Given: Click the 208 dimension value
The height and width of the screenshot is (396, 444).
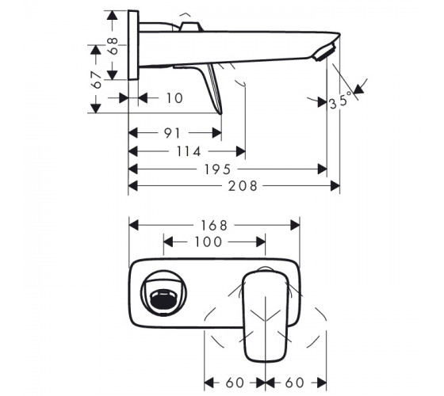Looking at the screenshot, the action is [243, 186].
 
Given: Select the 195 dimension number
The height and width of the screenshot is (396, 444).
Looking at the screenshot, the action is [217, 169].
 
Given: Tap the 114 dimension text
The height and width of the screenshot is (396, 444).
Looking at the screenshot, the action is [189, 151].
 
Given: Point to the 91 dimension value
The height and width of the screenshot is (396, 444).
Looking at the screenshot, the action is [172, 133].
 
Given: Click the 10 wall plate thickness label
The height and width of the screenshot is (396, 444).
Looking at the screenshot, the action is [174, 98].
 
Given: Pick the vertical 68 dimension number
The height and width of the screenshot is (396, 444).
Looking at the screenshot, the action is [113, 46].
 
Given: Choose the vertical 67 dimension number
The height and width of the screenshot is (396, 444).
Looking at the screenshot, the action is [97, 81].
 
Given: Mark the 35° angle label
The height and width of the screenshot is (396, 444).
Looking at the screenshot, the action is [340, 101].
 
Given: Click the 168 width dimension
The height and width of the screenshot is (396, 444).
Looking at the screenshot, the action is [214, 226].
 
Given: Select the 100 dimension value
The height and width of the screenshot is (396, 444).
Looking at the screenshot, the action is [208, 242].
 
